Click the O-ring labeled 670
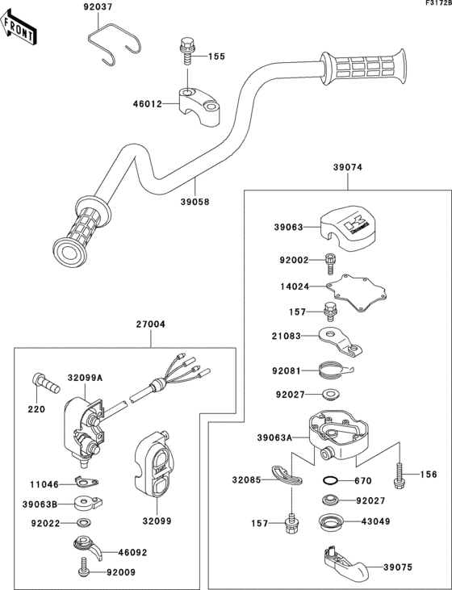click(x=329, y=481)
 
